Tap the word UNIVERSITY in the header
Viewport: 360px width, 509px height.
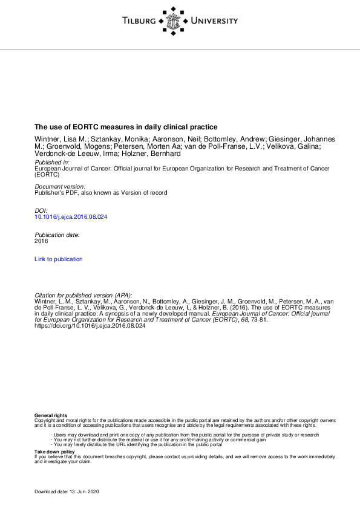[214, 21]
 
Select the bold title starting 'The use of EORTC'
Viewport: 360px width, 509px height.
[126, 127]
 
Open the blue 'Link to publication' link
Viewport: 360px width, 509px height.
[59, 259]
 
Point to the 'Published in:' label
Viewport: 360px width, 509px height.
[52, 163]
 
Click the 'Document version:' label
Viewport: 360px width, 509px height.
[60, 186]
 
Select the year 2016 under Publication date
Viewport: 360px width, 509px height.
[41, 240]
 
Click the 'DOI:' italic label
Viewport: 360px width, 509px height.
[41, 210]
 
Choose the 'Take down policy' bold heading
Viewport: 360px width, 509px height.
[54, 452]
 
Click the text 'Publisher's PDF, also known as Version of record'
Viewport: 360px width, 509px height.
[100, 192]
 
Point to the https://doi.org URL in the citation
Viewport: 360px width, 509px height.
[90, 325]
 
